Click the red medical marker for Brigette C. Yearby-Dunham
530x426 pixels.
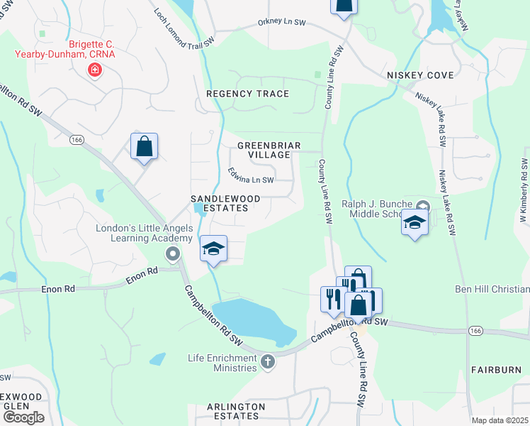click(x=94, y=70)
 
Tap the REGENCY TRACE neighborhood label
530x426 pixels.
click(x=247, y=94)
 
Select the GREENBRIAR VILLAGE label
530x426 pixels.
click(x=269, y=150)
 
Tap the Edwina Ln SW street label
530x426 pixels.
click(x=251, y=175)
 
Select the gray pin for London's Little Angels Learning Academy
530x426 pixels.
click(x=171, y=253)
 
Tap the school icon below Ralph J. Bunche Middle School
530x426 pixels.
click(x=415, y=224)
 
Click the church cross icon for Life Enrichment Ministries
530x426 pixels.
click(x=267, y=362)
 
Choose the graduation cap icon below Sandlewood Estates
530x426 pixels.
click(x=213, y=248)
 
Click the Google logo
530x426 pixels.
click(x=23, y=417)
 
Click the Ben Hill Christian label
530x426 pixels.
click(x=491, y=289)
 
